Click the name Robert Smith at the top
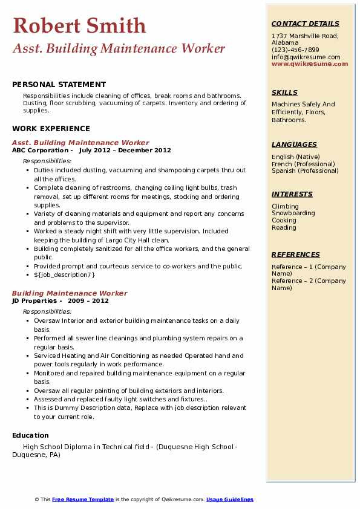[x=79, y=26]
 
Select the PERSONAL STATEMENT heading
[x=59, y=85]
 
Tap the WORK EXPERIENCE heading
[x=51, y=128]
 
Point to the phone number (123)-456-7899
[x=295, y=50]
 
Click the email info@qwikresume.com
[x=306, y=57]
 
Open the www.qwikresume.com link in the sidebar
[x=310, y=63]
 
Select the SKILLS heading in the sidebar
[x=284, y=92]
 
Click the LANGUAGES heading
[x=294, y=144]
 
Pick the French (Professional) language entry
[x=303, y=164]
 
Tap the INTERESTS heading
[x=292, y=194]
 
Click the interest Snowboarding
[x=293, y=213]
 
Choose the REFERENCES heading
[x=296, y=254]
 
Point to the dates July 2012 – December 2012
[x=125, y=151]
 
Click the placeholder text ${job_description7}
[x=65, y=275]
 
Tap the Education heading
[x=30, y=435]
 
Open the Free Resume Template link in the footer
[x=83, y=499]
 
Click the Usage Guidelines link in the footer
[x=229, y=499]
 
